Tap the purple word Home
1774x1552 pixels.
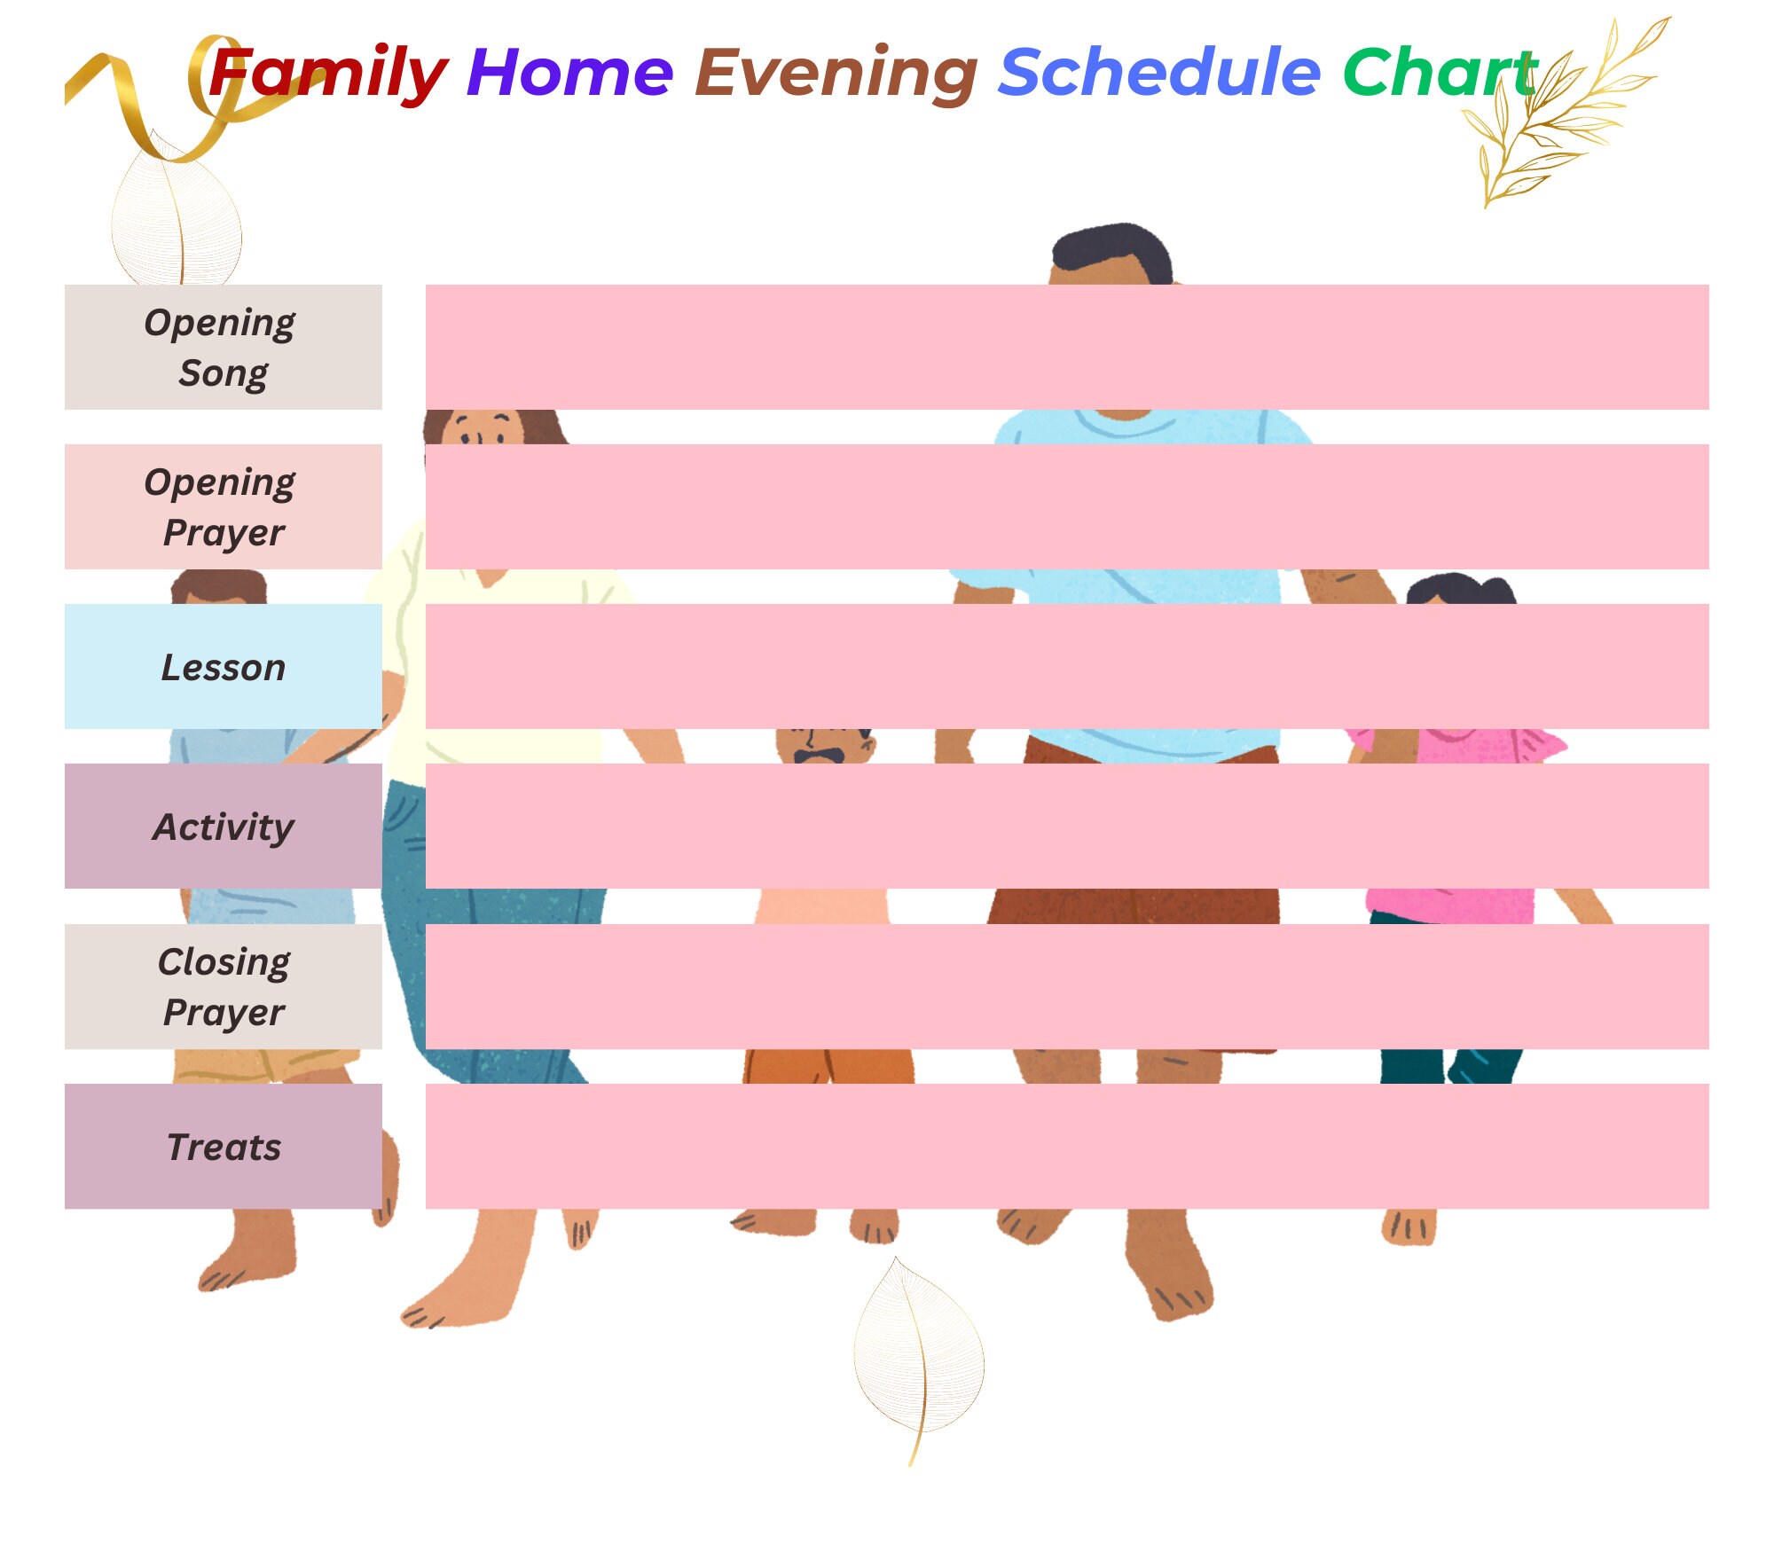tap(569, 73)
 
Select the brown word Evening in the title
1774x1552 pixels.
tap(836, 74)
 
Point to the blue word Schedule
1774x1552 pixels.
tap(1159, 73)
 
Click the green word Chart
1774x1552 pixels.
tap(1439, 73)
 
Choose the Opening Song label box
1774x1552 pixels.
tap(223, 347)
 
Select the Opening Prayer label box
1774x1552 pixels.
tap(223, 506)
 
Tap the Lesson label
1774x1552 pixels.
tap(223, 666)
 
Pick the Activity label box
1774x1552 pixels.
tap(223, 826)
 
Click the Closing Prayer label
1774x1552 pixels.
tap(223, 986)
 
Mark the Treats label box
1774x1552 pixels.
tap(223, 1146)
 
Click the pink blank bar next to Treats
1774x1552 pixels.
tap(1066, 1146)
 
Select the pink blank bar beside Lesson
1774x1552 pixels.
tap(1066, 666)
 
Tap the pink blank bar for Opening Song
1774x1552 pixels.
tap(1066, 347)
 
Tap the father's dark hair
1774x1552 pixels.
tap(1113, 248)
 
